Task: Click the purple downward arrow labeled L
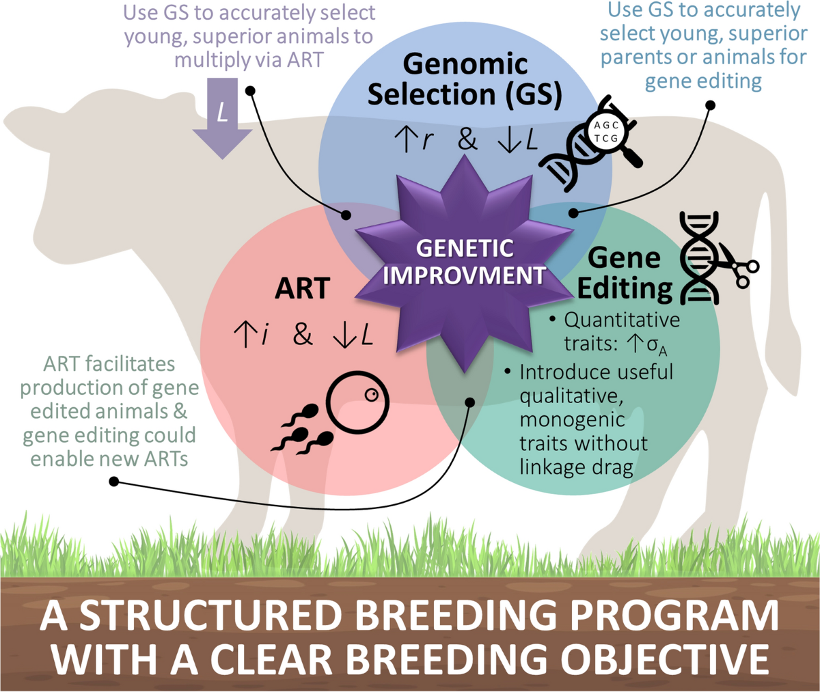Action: tap(222, 117)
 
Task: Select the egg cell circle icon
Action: tap(358, 402)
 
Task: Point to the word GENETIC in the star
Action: tap(465, 248)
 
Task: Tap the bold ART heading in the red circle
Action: tap(303, 289)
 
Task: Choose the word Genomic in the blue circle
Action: tap(465, 64)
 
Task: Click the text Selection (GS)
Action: tap(465, 95)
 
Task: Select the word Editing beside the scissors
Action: tap(625, 290)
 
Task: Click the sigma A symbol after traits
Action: tap(657, 346)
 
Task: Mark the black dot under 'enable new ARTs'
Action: tap(114, 482)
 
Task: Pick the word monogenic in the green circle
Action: tap(572, 420)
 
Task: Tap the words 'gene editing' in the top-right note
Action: tap(703, 82)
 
